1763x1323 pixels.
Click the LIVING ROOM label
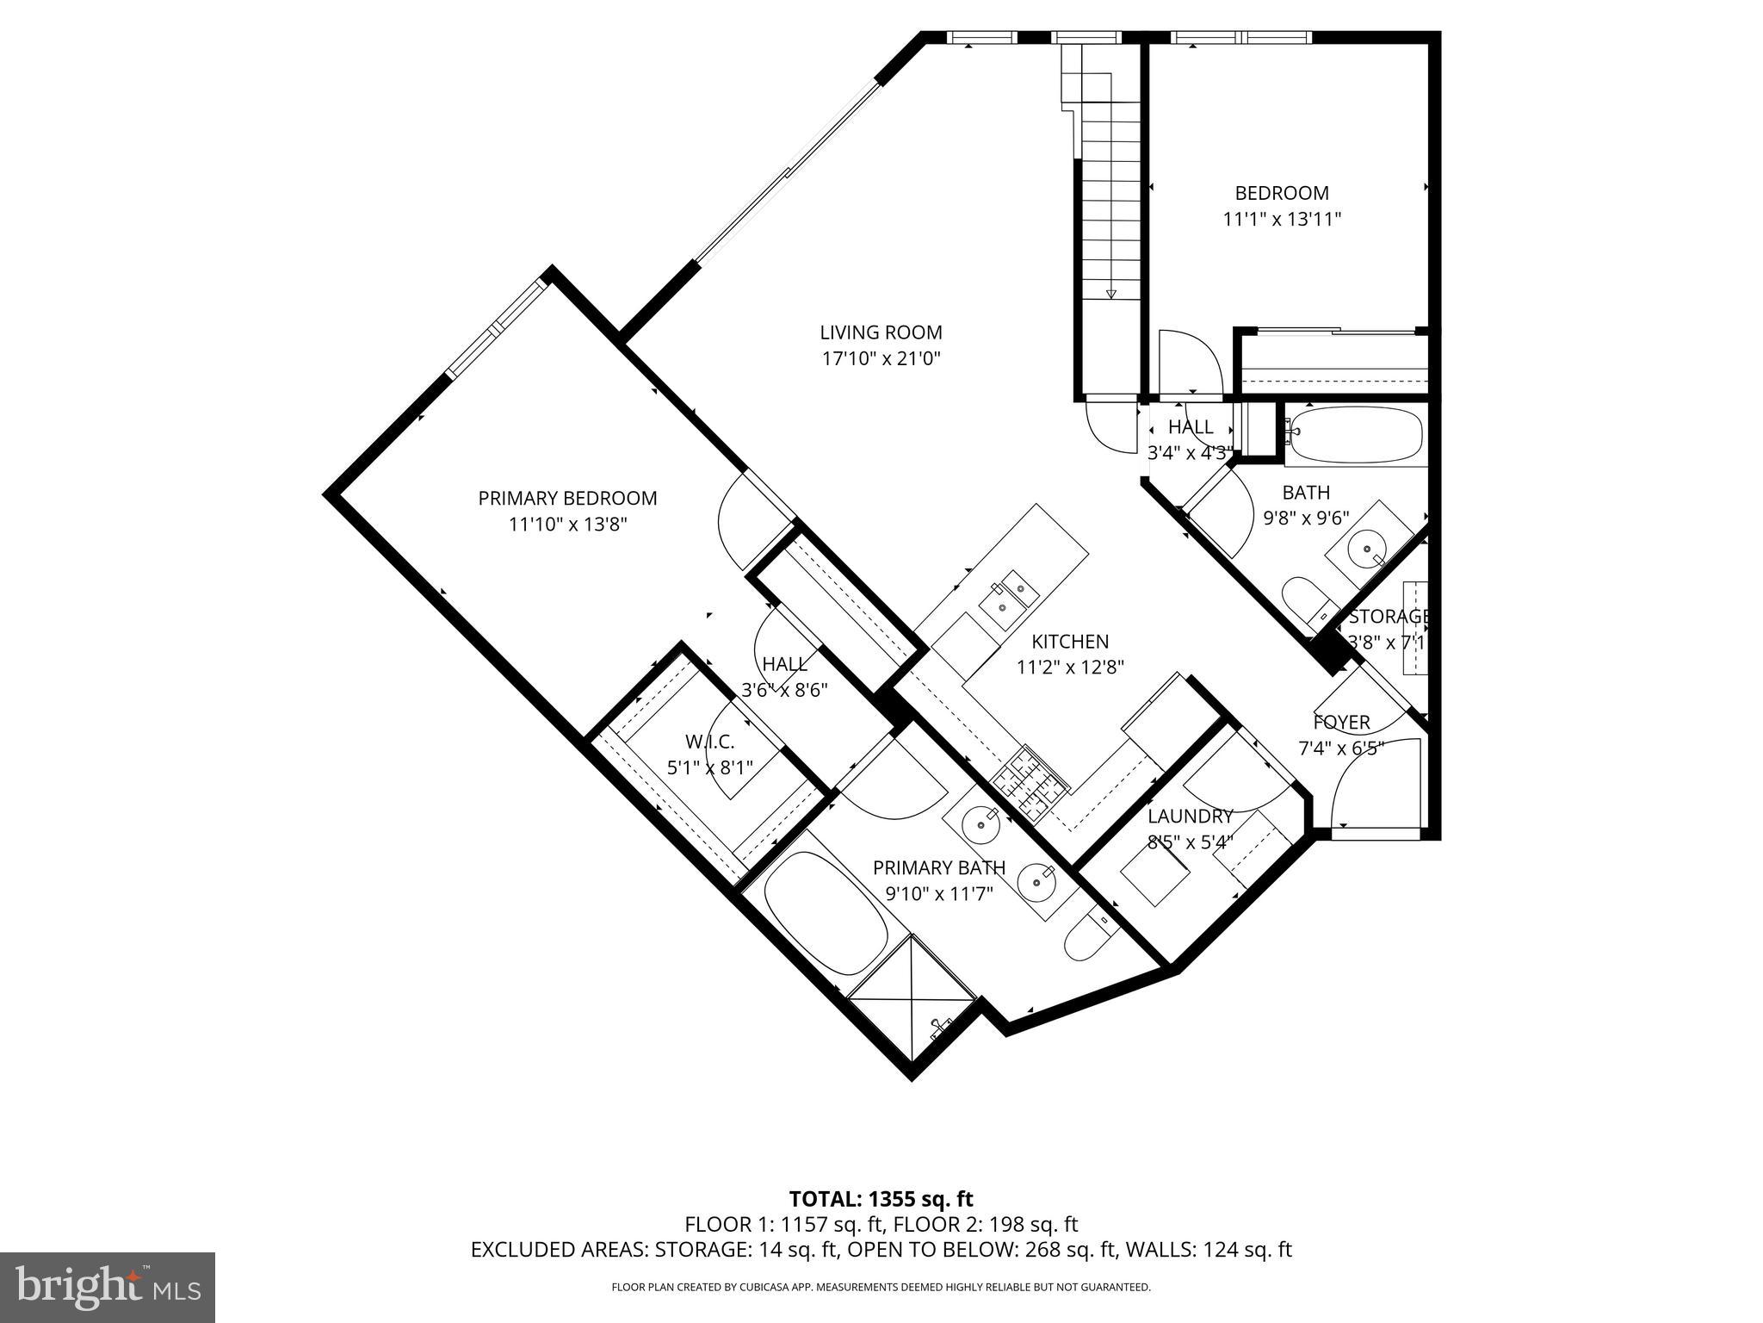881,332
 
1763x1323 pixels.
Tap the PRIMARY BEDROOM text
567,498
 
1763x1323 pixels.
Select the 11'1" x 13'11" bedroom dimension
1282,220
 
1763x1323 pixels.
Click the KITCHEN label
1070,641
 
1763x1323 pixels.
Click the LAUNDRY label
1190,816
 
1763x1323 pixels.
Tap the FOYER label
1341,722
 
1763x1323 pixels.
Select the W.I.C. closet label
710,741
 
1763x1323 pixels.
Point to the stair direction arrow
1110,294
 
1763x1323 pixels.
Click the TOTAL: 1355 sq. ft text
881,1198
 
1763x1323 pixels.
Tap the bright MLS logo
108,1288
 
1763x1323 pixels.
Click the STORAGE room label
1388,617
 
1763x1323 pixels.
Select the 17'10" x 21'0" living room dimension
881,359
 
